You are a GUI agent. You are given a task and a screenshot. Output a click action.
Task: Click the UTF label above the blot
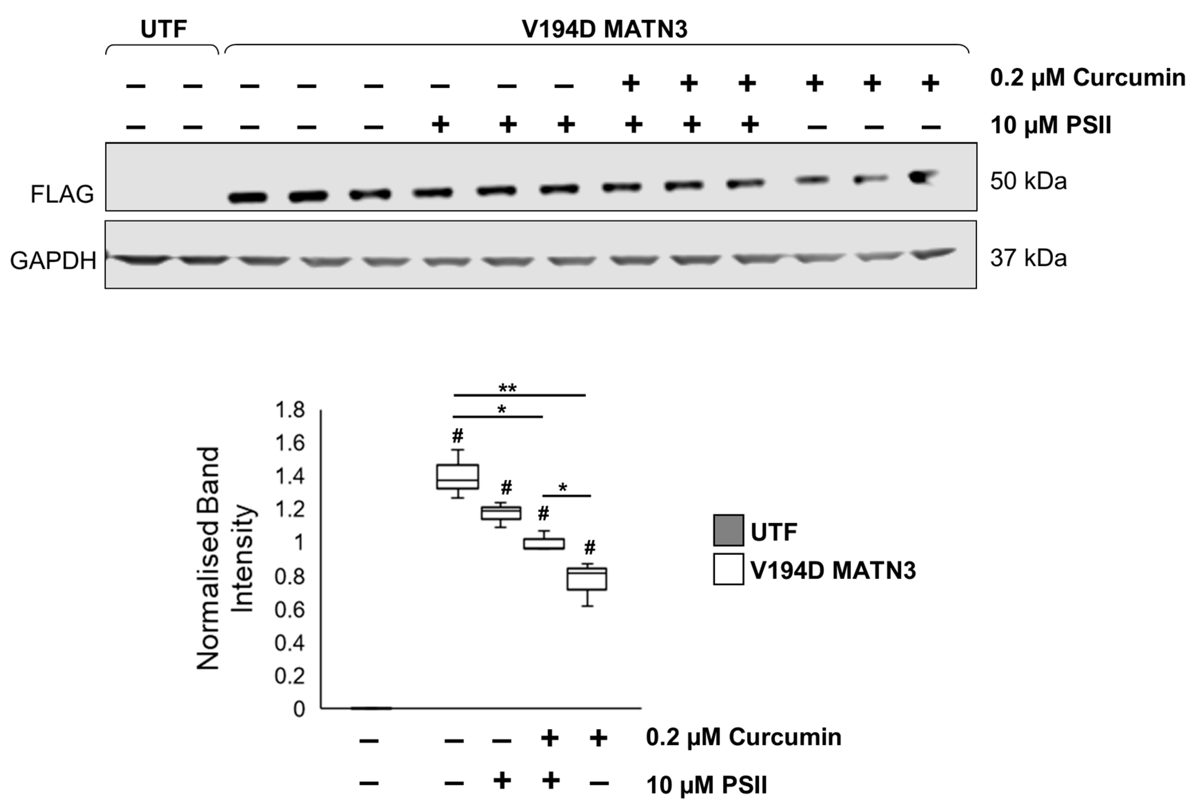[163, 30]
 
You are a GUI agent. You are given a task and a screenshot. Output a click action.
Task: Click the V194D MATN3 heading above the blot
[604, 30]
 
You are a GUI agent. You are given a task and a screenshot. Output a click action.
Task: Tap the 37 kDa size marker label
[1028, 258]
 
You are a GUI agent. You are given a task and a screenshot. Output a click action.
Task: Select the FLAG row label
[62, 194]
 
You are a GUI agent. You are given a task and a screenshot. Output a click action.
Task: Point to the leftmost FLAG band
[248, 197]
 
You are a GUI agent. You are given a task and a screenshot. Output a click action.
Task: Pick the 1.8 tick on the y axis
[290, 410]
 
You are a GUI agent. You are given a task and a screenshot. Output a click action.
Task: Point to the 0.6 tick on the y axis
[290, 610]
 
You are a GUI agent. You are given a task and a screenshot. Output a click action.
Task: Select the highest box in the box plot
[457, 476]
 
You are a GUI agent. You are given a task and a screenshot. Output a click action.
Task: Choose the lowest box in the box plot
[587, 579]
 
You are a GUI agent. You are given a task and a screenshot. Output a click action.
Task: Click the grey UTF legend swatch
[728, 530]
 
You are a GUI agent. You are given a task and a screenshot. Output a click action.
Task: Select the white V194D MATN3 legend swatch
[728, 569]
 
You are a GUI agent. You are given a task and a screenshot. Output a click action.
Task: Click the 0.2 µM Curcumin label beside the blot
[1087, 78]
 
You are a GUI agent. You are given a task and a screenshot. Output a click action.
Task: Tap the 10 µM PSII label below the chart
[706, 785]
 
